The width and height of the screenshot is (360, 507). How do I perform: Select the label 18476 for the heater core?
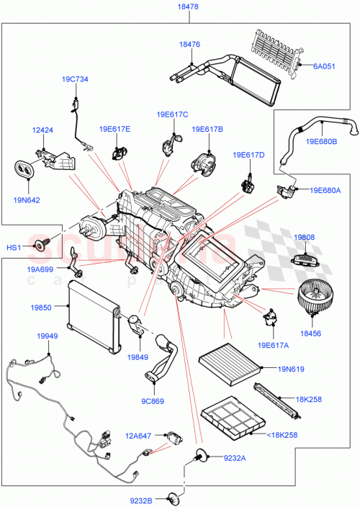click(189, 44)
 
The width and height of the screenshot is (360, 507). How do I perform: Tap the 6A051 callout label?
click(324, 66)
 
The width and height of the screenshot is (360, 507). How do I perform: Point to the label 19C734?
click(74, 79)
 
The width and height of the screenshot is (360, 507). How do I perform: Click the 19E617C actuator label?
click(172, 114)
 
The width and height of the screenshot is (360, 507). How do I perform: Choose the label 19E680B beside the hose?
click(322, 142)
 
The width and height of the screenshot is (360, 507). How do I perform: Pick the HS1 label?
click(14, 248)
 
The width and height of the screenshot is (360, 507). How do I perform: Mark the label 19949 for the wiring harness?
click(48, 336)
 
